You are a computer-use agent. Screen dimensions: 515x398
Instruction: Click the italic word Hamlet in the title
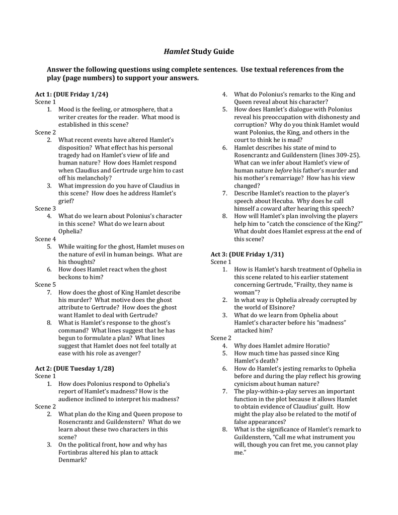(177, 51)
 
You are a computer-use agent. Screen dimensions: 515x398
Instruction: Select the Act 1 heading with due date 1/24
(71, 94)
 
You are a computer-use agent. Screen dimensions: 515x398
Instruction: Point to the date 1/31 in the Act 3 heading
(274, 254)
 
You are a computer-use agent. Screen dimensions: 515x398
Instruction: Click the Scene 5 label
(45, 284)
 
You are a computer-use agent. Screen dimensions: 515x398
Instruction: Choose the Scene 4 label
(45, 239)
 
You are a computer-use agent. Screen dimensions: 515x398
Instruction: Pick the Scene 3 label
(45, 208)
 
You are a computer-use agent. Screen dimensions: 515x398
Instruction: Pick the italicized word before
(282, 170)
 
